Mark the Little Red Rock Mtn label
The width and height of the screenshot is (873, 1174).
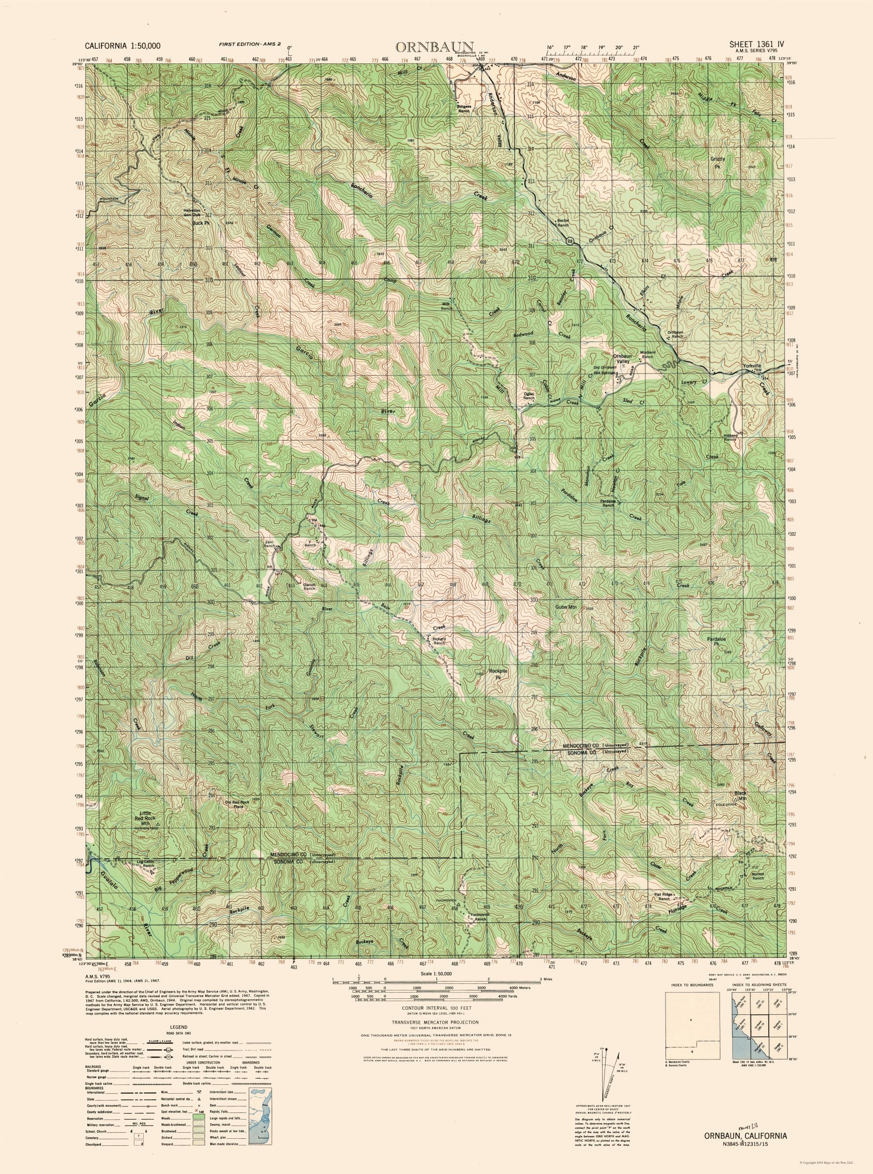point(145,833)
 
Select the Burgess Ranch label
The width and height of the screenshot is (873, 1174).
point(463,108)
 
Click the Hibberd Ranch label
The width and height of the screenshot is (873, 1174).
point(730,437)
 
